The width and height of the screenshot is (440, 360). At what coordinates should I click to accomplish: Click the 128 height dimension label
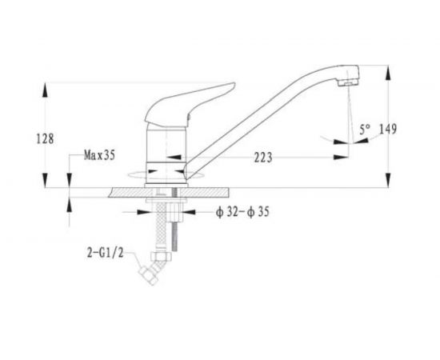[45, 138]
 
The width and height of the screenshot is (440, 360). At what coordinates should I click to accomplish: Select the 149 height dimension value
[388, 129]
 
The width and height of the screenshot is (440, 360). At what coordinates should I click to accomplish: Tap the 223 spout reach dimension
[263, 158]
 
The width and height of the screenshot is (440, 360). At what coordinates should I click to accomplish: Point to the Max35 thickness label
[99, 155]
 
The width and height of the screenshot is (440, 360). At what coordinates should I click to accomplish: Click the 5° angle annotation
[365, 130]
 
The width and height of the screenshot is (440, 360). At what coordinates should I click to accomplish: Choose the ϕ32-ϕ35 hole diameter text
[242, 211]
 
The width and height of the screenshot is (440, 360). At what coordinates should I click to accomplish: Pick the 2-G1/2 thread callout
[106, 253]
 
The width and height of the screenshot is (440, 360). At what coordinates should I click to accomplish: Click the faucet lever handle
[190, 104]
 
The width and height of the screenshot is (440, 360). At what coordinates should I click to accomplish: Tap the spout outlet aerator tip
[348, 82]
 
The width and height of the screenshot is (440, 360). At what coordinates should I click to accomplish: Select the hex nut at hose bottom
[161, 256]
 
